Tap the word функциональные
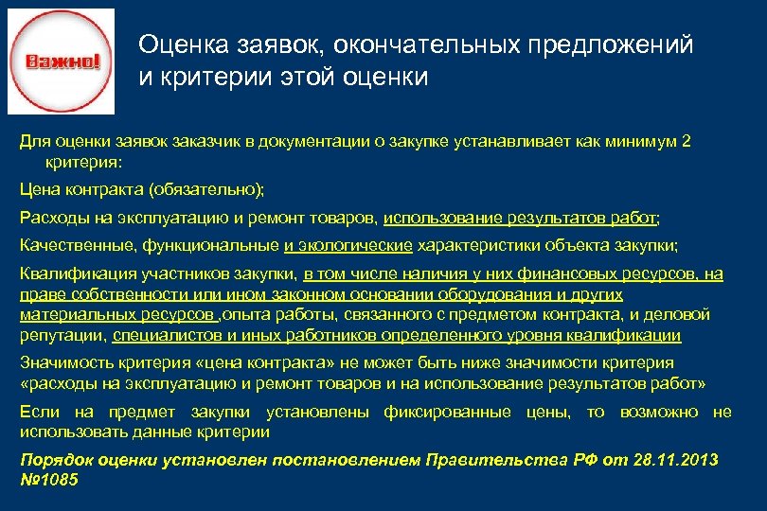coord(211,246)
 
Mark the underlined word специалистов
coord(165,335)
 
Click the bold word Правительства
coord(488,460)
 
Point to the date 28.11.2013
coord(669,460)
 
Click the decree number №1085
coord(49,480)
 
